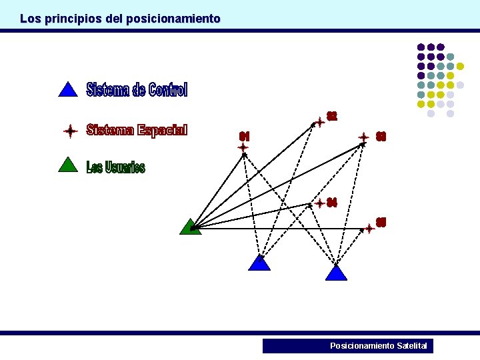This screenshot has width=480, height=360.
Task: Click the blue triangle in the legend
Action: pos(68,90)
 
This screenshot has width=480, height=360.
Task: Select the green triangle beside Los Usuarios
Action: pos(68,165)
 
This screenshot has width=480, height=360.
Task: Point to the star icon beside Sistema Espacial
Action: pos(70,131)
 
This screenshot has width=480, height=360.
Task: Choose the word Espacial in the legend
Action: pos(163,130)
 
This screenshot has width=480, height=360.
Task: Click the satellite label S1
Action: pos(244,136)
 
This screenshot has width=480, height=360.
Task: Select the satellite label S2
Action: pos(331,117)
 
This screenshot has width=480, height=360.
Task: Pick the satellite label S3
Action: pos(381,137)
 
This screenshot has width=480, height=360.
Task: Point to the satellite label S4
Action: pos(332,203)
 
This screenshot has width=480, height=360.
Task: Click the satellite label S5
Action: pos(381,222)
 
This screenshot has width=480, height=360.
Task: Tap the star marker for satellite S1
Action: pos(243,147)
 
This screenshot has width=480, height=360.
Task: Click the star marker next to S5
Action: pos(369,229)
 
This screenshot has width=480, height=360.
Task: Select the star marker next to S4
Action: pos(320,203)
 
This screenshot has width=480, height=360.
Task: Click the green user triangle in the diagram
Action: pos(190,227)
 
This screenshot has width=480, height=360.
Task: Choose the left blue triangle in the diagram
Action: pos(259,263)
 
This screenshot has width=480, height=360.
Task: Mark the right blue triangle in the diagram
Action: pos(337,273)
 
